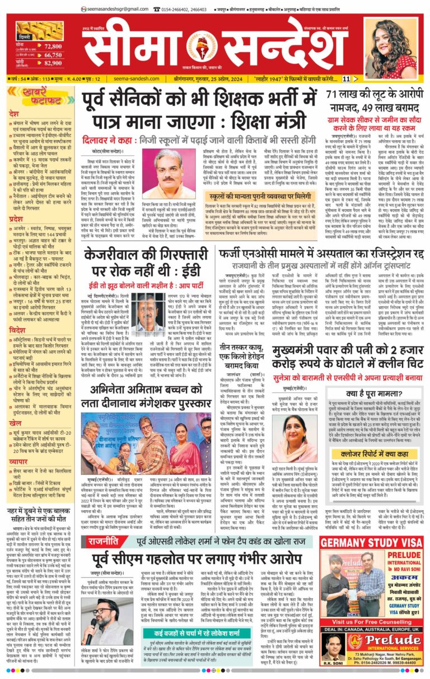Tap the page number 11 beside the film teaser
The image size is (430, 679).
click(x=362, y=79)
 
